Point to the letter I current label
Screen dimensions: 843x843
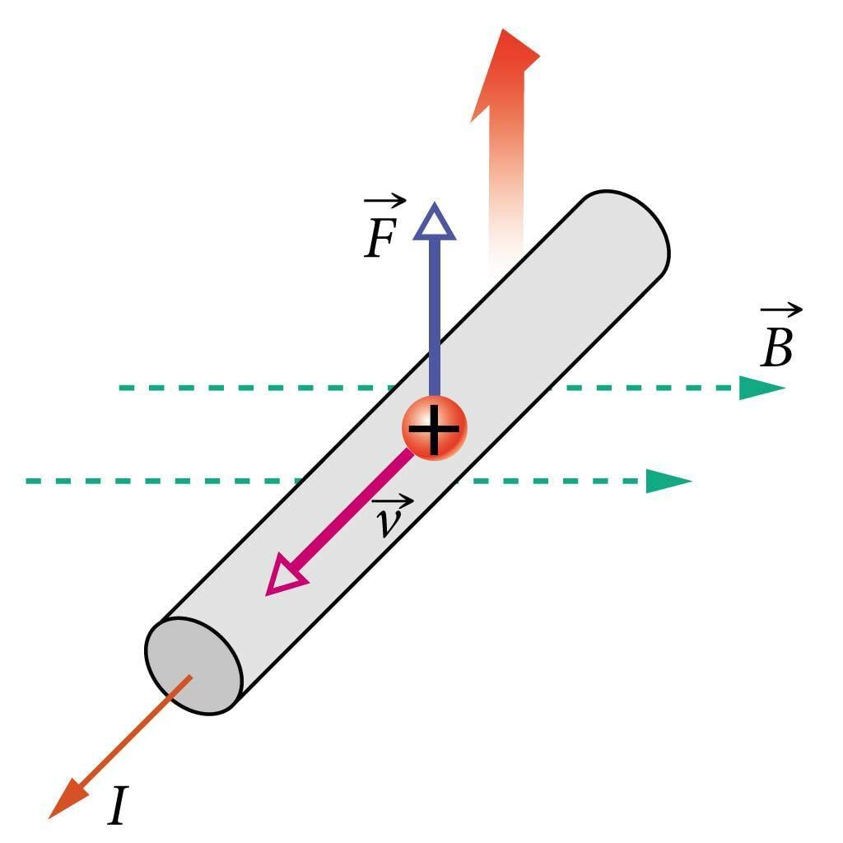[119, 806]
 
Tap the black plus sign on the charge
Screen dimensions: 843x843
[434, 428]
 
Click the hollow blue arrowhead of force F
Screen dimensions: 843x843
[434, 223]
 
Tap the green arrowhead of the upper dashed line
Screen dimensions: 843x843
[759, 388]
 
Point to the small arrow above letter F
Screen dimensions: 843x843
[385, 200]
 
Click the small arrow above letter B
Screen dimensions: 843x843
[781, 310]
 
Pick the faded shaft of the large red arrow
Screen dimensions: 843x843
[505, 189]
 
